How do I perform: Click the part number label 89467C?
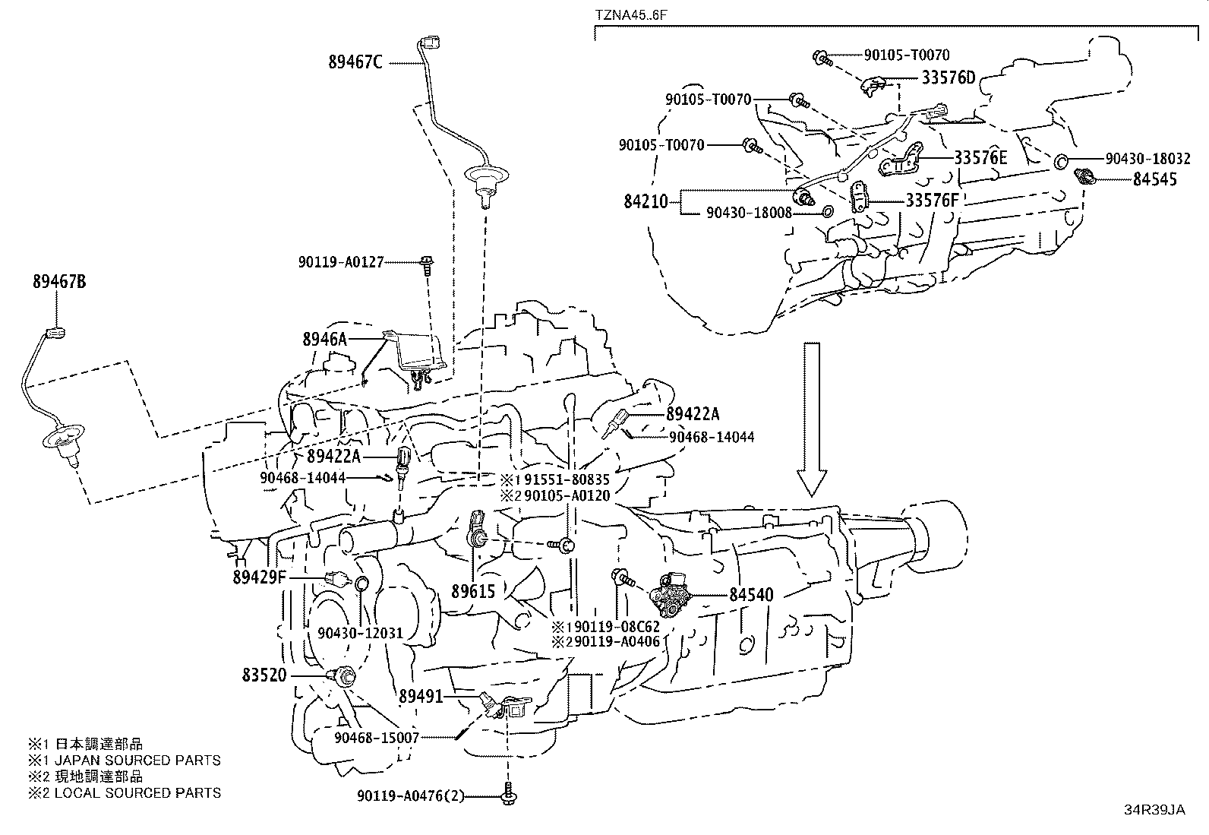(x=355, y=62)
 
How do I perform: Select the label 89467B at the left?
(x=59, y=282)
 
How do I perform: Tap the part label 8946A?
(x=324, y=340)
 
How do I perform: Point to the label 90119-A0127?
(x=340, y=262)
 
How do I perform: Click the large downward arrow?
(x=812, y=418)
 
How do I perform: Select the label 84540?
(x=751, y=595)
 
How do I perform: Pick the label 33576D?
(x=949, y=78)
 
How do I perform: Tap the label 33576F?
(x=932, y=201)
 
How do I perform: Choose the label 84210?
(x=646, y=201)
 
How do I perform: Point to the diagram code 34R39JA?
(x=1154, y=810)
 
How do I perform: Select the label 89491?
(x=421, y=694)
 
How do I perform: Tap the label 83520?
(x=265, y=675)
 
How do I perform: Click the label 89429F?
(x=259, y=578)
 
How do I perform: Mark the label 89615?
(x=472, y=591)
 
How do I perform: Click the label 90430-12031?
(x=360, y=634)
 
